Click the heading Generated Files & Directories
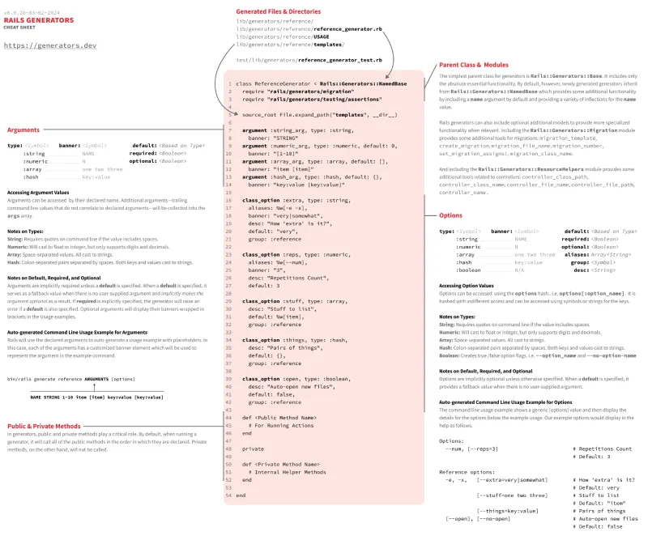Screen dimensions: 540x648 278,12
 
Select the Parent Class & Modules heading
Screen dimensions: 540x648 474,65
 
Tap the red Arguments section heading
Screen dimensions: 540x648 24,130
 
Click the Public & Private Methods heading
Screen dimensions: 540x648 44,426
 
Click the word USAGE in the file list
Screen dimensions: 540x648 321,36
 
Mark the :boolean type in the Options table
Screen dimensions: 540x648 468,270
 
